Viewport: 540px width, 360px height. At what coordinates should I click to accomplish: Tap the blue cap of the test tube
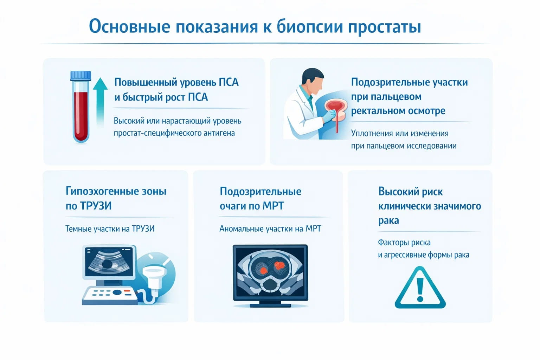tap(81, 76)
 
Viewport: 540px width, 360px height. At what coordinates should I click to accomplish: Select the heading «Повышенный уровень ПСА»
tap(176, 82)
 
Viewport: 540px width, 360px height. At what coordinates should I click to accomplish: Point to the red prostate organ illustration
tap(336, 107)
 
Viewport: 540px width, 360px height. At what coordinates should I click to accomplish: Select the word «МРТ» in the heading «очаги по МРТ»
tap(273, 206)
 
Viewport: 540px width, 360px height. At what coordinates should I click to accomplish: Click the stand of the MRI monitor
tap(270, 304)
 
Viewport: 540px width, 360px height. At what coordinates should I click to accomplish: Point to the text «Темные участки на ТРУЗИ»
tap(110, 229)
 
